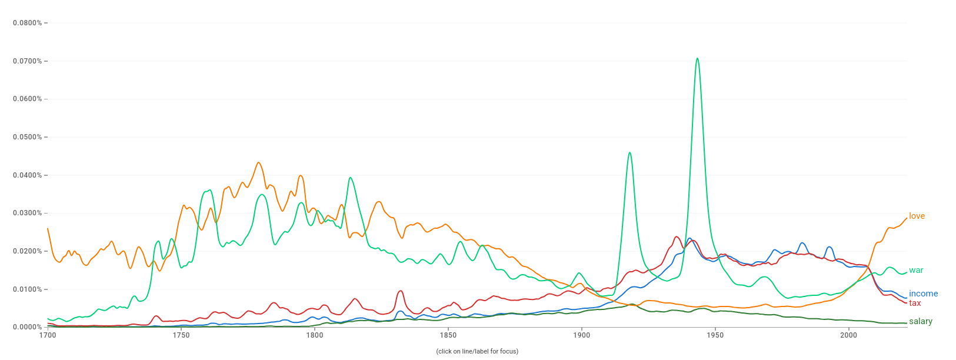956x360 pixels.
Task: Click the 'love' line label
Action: coord(917,216)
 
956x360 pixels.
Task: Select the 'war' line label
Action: coord(916,270)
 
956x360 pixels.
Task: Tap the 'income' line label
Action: coord(923,294)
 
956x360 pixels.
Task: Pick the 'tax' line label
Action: coord(915,303)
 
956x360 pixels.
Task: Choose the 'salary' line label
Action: coord(920,321)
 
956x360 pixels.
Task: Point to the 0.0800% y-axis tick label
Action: coord(27,23)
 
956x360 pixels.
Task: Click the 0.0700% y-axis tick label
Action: coord(27,61)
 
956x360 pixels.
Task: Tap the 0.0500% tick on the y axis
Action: coord(27,137)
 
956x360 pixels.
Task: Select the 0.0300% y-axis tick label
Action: coord(27,213)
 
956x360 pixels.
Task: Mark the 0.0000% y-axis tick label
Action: coord(27,327)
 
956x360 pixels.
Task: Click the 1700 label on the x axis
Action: coord(48,335)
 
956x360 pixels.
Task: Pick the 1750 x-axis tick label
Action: coord(181,335)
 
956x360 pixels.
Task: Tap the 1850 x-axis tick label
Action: coord(448,335)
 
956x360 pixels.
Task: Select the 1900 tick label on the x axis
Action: coord(581,335)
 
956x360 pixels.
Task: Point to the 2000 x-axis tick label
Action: coord(848,335)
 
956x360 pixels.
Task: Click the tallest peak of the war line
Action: coord(697,58)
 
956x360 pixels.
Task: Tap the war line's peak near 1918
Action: coord(629,153)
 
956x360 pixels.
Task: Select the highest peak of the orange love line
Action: coord(258,162)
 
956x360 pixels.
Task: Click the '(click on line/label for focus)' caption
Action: coord(477,351)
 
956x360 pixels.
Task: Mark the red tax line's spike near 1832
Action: coord(401,291)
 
